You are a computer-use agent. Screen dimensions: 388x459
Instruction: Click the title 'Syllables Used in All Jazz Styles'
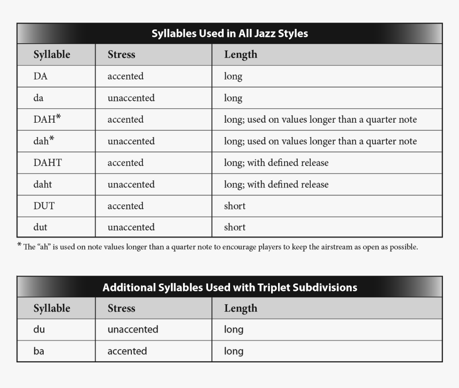[x=230, y=34]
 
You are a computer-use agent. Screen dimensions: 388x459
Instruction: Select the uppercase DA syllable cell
[x=41, y=76]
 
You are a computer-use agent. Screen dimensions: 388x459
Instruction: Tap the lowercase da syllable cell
[x=38, y=98]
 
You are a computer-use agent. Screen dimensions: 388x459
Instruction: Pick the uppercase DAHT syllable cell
[x=48, y=163]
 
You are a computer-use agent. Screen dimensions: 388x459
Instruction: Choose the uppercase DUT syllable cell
[x=44, y=206]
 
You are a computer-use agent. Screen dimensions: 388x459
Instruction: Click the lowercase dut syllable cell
[x=41, y=227]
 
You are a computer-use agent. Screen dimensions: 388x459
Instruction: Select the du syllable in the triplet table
[x=39, y=330]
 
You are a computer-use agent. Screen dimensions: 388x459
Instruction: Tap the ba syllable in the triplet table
[x=39, y=351]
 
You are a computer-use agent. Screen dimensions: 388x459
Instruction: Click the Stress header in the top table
[x=121, y=54]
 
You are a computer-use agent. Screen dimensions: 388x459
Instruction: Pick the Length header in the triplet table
[x=241, y=308]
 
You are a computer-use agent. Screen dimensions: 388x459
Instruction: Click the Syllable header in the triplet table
[x=52, y=308]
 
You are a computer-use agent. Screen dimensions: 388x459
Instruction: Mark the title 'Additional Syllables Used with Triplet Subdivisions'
[x=230, y=288]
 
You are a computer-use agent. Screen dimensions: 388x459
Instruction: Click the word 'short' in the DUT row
[x=235, y=206]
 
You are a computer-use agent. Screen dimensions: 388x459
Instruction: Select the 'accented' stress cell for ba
[x=127, y=351]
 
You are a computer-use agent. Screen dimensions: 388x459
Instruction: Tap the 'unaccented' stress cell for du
[x=133, y=330]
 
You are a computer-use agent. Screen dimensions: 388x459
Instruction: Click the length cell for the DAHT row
[x=276, y=163]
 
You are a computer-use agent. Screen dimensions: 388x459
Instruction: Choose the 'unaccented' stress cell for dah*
[x=131, y=141]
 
